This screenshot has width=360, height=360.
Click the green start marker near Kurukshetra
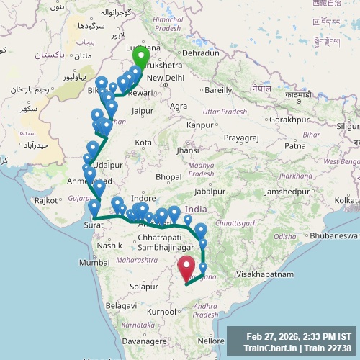[140, 55]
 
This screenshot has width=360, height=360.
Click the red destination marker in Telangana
[187, 269]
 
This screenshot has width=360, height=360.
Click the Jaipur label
[143, 111]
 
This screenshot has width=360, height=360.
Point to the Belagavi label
[120, 306]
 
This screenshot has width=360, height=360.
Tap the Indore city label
[144, 198]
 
